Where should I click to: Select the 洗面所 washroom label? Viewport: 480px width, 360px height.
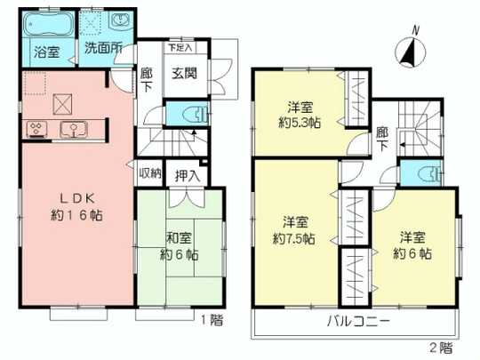click(x=104, y=48)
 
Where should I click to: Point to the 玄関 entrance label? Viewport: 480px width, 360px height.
click(x=184, y=74)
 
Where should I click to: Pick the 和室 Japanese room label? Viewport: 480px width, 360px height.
click(x=179, y=237)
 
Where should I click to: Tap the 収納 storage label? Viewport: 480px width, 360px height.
click(x=150, y=172)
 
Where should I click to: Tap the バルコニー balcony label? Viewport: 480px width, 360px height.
click(x=358, y=320)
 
